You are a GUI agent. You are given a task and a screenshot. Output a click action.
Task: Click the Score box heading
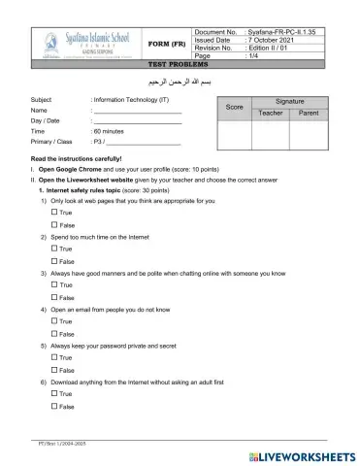234,108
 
